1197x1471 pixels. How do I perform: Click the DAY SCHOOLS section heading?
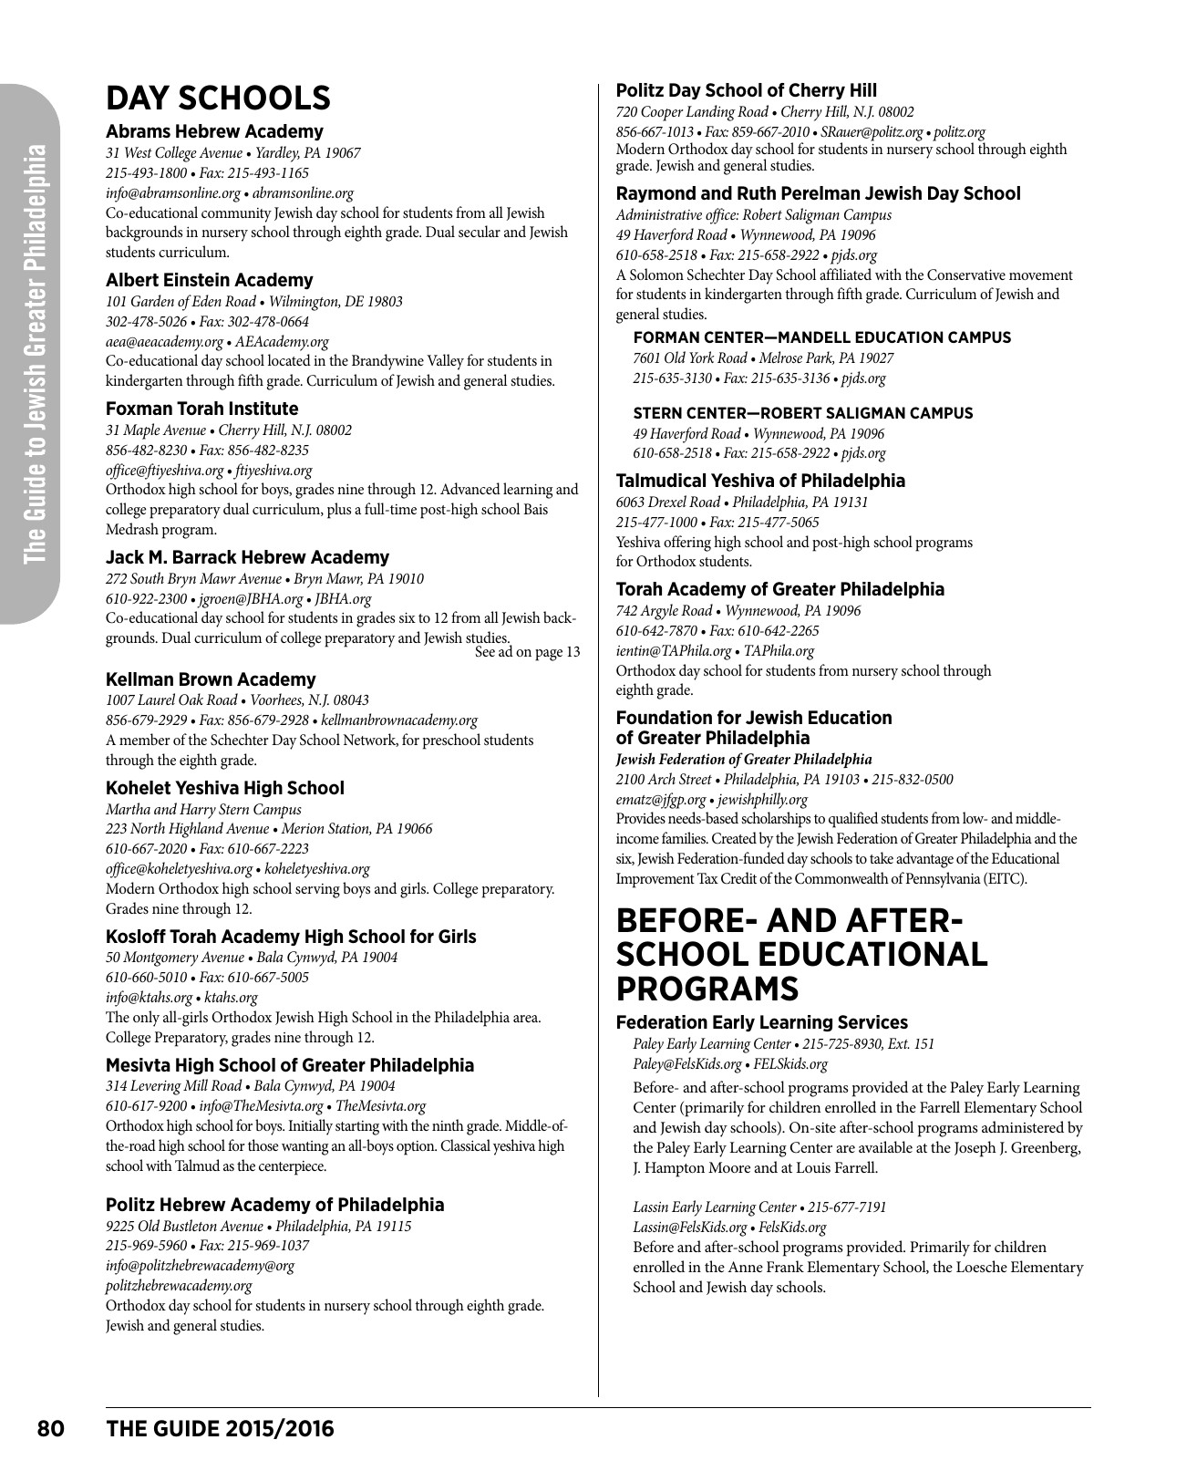pos(218,98)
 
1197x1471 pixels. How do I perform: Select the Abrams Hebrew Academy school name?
pos(214,131)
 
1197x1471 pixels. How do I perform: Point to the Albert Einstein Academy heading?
pos(209,280)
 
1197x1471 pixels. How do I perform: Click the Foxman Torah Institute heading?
pos(201,409)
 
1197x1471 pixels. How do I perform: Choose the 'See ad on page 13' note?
pos(528,651)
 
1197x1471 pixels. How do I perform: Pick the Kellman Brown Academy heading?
pos(211,679)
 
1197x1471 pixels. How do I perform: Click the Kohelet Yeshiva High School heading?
pos(225,788)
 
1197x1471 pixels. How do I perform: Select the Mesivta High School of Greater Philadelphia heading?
pos(290,1065)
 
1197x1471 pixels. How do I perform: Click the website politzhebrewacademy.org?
pos(179,1286)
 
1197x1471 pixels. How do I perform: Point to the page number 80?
pos(50,1428)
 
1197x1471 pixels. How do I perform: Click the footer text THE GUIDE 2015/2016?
pos(221,1428)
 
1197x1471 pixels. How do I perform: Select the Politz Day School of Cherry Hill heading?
pos(747,90)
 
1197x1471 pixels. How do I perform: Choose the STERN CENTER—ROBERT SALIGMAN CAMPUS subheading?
pos(802,413)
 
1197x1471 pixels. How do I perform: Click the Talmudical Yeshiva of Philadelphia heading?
pos(760,481)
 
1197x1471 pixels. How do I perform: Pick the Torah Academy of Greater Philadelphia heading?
pos(780,589)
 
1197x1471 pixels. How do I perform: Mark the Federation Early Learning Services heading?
pos(761,1022)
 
